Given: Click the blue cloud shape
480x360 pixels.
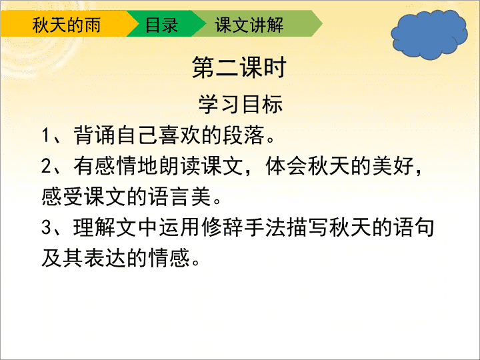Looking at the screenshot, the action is coord(429,34).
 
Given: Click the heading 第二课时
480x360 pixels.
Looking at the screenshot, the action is coord(239,67).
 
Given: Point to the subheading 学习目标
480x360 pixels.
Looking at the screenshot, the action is coord(240,105).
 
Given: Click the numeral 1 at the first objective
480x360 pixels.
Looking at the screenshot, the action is coord(45,135).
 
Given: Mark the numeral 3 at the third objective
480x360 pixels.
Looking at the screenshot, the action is coord(46,227).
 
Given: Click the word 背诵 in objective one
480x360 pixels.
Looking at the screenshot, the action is coord(95,135).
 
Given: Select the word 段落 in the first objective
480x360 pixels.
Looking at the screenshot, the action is coord(243,135).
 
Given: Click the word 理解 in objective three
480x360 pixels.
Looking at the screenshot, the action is coord(95,227).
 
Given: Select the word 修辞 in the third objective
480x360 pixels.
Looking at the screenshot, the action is coord(223,227).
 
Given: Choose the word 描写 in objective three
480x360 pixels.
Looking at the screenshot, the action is coord(308,227).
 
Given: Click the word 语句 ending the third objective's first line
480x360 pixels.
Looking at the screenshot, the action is coord(415,227).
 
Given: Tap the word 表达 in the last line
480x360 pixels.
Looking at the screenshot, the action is coord(105,258).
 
